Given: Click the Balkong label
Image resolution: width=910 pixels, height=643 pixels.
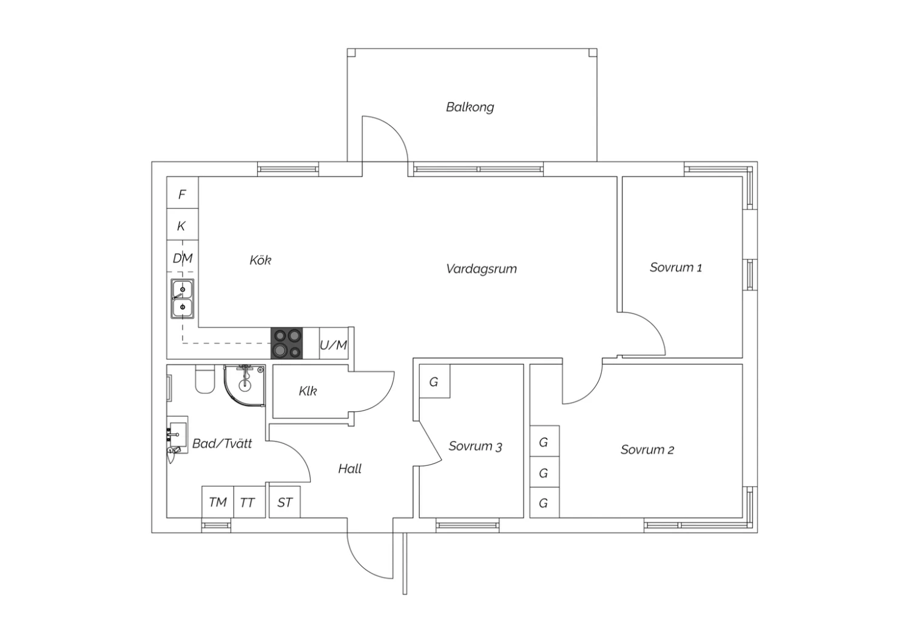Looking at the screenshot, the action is pyautogui.click(x=470, y=107).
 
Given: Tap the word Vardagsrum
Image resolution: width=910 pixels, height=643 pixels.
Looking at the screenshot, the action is pyautogui.click(x=482, y=269).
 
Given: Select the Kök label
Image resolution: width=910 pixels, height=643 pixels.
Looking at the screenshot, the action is pyautogui.click(x=260, y=260).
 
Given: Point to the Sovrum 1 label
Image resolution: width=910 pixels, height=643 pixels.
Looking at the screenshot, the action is pyautogui.click(x=676, y=268).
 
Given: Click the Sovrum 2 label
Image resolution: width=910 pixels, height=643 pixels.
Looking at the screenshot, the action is pyautogui.click(x=647, y=449).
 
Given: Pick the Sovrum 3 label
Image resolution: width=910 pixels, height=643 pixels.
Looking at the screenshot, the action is pyautogui.click(x=475, y=446).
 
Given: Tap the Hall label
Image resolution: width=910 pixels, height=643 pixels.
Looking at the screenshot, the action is pyautogui.click(x=350, y=469).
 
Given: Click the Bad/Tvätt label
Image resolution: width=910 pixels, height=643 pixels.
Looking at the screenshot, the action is pyautogui.click(x=222, y=443).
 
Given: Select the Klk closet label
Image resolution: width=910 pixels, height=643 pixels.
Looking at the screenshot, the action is pyautogui.click(x=308, y=391).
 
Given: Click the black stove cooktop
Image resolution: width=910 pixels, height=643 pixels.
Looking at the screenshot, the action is pyautogui.click(x=287, y=343).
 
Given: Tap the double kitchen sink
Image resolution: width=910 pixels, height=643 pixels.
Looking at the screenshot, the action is pyautogui.click(x=183, y=299).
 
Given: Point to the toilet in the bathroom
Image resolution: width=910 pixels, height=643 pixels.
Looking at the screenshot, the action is pyautogui.click(x=205, y=379).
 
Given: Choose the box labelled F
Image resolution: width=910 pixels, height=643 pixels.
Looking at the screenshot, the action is pyautogui.click(x=183, y=192).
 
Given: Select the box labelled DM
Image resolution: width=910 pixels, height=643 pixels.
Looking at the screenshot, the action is pyautogui.click(x=183, y=257).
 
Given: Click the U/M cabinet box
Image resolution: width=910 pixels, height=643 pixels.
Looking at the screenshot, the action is pyautogui.click(x=334, y=343).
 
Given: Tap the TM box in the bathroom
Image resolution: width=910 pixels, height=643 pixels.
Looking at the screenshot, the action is pyautogui.click(x=218, y=502).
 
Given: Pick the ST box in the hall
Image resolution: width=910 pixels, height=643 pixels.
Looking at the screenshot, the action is pyautogui.click(x=285, y=502).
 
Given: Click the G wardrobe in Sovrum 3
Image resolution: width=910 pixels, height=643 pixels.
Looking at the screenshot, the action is pyautogui.click(x=434, y=381).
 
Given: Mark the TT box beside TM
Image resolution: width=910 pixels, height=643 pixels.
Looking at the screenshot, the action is pyautogui.click(x=249, y=502).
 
